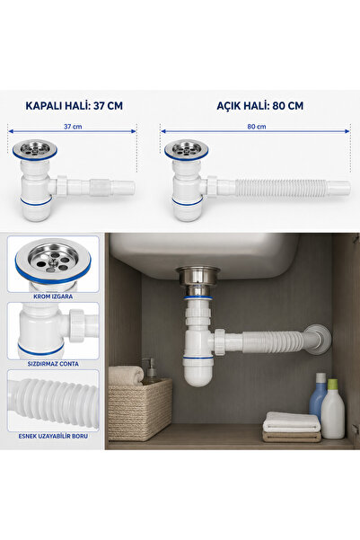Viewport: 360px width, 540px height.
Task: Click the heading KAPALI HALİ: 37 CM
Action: point(74,105)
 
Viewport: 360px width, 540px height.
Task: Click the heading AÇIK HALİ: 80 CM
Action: point(259,105)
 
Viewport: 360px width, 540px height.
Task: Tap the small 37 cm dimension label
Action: point(73,127)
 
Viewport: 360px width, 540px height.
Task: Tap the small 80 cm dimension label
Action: point(257,127)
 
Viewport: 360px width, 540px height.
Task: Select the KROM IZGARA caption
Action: point(53,297)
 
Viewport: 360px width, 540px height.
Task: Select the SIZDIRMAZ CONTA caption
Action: point(53,364)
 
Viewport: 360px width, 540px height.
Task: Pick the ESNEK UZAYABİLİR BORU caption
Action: point(53,436)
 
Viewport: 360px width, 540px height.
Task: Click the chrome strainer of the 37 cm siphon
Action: point(35,149)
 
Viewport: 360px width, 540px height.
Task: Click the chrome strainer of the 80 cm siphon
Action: point(186,149)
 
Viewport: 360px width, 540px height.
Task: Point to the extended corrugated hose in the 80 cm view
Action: point(281,188)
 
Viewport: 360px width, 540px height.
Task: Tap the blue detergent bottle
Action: point(318,396)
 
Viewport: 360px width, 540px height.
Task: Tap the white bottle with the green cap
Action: point(333,409)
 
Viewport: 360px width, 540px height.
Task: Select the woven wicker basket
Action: point(140,409)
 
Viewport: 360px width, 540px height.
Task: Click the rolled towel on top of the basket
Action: point(126,375)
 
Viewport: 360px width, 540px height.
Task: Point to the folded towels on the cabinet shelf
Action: point(292,427)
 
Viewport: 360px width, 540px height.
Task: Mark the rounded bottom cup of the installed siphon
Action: point(198,373)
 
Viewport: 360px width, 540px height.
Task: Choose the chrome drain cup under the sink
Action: point(198,278)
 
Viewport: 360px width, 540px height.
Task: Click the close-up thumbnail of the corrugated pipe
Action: point(53,401)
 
